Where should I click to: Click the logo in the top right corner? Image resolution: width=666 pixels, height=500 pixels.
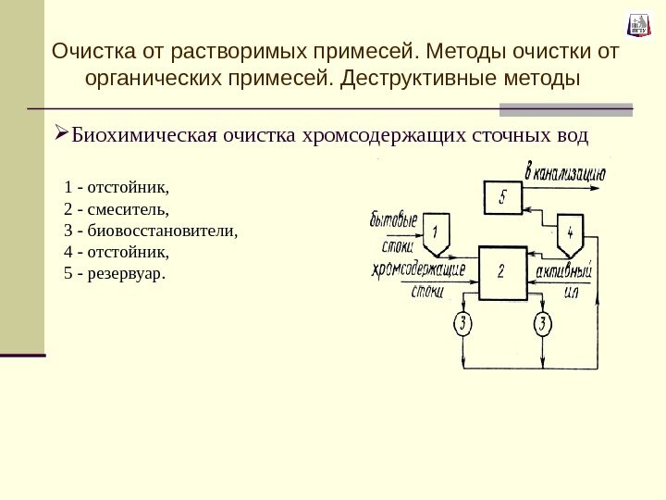coord(638,25)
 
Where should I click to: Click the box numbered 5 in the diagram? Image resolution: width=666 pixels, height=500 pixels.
coord(501,196)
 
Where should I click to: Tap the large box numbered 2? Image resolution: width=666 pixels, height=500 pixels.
coord(501,271)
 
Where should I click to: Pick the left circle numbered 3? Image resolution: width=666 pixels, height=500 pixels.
coord(462,323)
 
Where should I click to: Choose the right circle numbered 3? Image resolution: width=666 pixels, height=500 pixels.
coord(542,323)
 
